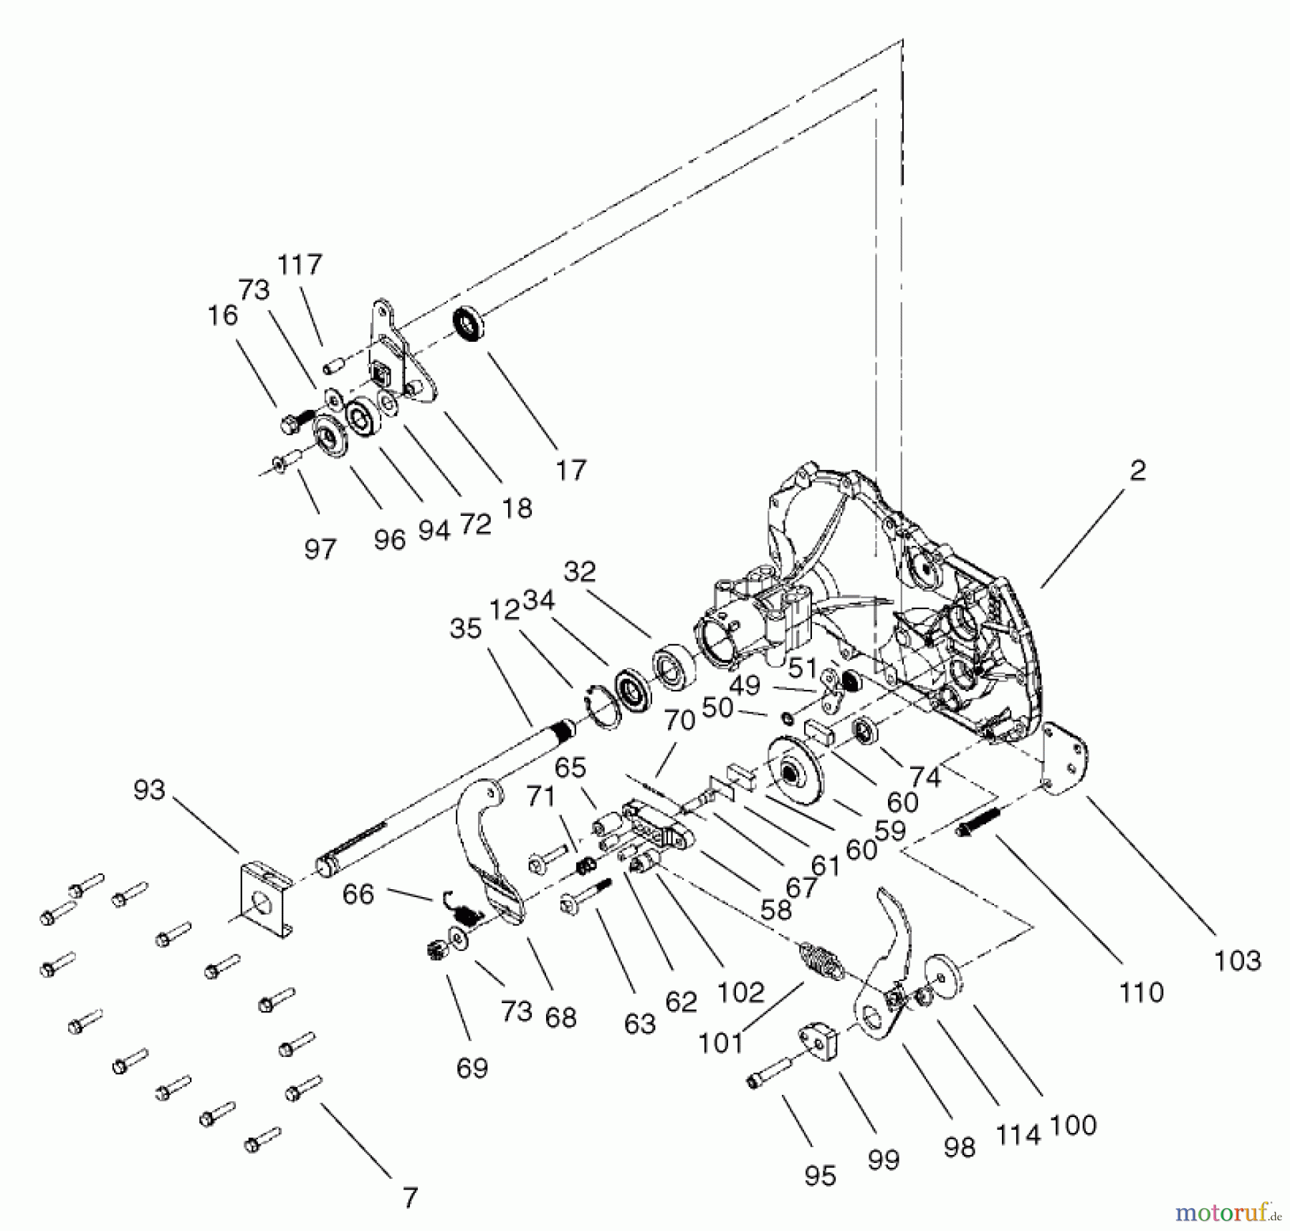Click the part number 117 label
coord(300,265)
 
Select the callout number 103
coord(1237,960)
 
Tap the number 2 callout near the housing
coord(1137,471)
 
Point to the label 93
coord(149,790)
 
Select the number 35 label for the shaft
coord(465,629)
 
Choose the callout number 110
coord(1141,992)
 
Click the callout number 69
coord(472,1068)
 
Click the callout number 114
coord(1018,1135)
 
